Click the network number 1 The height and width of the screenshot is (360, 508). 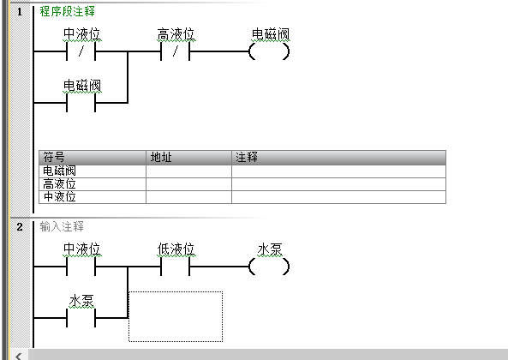[x=20, y=12]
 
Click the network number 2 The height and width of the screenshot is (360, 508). [x=20, y=227]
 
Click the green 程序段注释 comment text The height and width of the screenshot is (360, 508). [x=67, y=11]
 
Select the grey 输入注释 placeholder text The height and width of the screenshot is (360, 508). [x=62, y=226]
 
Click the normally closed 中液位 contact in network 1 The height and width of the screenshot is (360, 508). [x=81, y=51]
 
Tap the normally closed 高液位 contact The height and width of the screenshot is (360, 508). [x=176, y=51]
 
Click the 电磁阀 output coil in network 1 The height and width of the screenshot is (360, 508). [x=269, y=51]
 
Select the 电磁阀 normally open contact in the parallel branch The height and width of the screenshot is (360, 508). [x=81, y=103]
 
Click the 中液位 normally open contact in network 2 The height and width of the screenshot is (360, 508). [x=81, y=267]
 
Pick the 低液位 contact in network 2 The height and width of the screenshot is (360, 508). [x=176, y=267]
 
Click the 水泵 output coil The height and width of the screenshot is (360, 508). [x=269, y=267]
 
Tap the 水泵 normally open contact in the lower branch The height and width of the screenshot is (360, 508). [x=81, y=318]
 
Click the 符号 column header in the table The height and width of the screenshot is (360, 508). [x=93, y=158]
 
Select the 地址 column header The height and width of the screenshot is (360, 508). [x=188, y=158]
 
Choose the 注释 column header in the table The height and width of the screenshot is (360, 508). [x=339, y=158]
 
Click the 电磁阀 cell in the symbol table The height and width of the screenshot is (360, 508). [x=93, y=171]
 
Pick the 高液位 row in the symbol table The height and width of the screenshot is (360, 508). [x=242, y=184]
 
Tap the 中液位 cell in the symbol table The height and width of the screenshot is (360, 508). [x=93, y=197]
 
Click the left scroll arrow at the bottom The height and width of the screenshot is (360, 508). [x=19, y=356]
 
